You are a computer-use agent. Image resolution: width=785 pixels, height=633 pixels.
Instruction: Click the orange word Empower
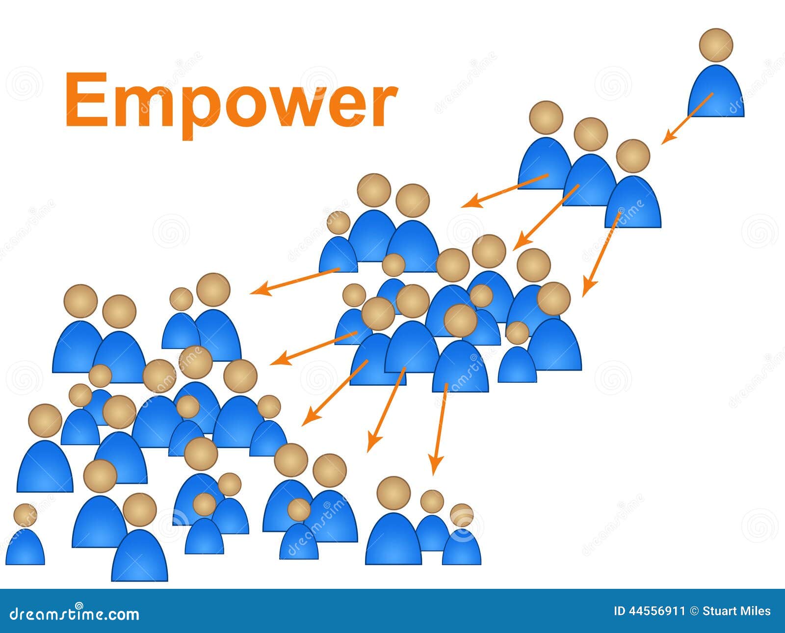click(231, 104)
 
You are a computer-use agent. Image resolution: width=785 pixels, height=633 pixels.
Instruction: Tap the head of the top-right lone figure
click(716, 45)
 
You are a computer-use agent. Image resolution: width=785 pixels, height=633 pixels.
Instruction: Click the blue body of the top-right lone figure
click(716, 91)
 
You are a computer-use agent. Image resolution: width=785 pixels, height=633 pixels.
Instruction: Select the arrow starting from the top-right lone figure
click(687, 119)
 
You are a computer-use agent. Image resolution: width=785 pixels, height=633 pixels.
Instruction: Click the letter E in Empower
click(87, 99)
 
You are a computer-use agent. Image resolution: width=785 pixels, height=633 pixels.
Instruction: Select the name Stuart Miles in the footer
click(736, 611)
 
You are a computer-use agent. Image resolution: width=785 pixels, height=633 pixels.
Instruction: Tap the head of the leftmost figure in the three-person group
click(546, 118)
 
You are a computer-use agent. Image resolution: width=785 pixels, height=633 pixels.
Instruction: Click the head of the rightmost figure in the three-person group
click(633, 156)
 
